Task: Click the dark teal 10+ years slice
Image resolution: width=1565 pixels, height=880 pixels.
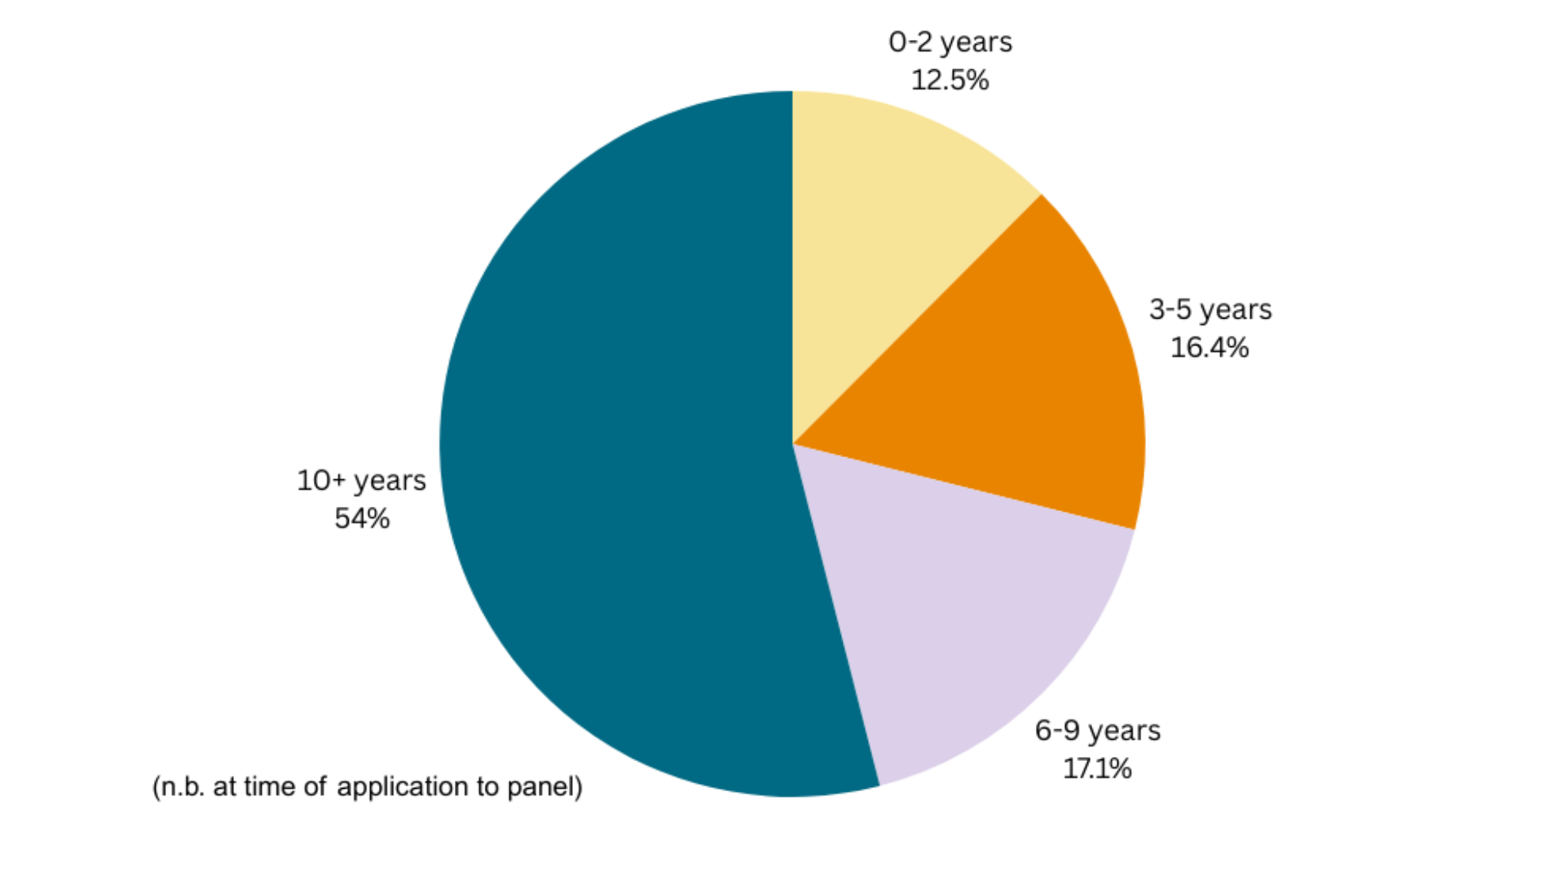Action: pyautogui.click(x=619, y=456)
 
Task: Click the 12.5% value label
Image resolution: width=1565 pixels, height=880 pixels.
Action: pyautogui.click(x=950, y=81)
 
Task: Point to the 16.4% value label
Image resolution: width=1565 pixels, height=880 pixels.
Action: pyautogui.click(x=1210, y=348)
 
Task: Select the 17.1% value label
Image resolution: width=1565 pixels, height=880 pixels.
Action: pyautogui.click(x=1097, y=768)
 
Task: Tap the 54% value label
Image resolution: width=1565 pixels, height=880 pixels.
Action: pyautogui.click(x=362, y=518)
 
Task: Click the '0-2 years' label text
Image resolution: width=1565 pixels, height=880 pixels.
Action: pyautogui.click(x=950, y=42)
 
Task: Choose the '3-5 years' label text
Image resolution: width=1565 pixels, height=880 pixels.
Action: pyautogui.click(x=1210, y=310)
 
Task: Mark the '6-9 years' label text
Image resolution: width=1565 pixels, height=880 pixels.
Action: pyautogui.click(x=1097, y=730)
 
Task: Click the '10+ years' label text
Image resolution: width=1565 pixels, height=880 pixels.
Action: pyautogui.click(x=361, y=481)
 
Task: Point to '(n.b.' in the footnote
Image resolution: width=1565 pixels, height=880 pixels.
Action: pyautogui.click(x=179, y=787)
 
